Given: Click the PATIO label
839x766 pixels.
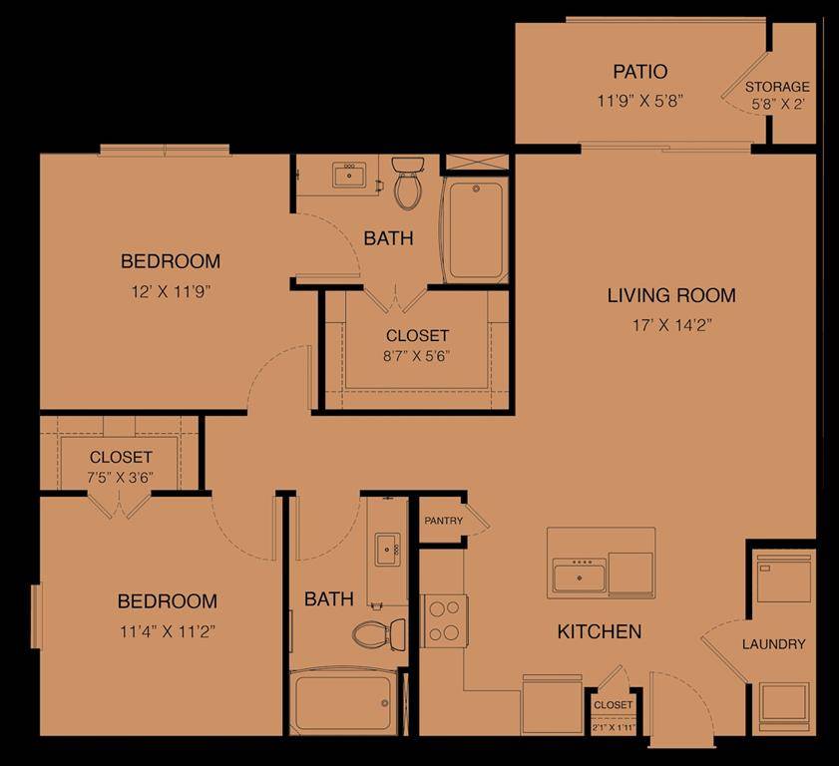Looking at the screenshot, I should (x=639, y=72).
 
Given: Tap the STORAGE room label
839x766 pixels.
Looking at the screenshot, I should (x=777, y=87).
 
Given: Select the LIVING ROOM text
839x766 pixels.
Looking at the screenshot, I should (x=671, y=295).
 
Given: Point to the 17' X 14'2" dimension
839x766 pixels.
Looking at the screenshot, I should (x=671, y=324).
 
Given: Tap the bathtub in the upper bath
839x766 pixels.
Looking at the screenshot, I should (x=475, y=229).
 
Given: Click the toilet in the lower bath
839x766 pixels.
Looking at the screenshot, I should (x=379, y=631).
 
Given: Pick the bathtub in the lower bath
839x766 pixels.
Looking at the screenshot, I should (x=342, y=700).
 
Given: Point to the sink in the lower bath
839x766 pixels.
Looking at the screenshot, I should (x=387, y=550).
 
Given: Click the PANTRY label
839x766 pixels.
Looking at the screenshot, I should (x=443, y=521).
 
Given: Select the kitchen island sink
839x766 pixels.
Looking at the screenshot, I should (x=579, y=574).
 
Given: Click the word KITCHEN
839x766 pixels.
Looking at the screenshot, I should (x=599, y=631).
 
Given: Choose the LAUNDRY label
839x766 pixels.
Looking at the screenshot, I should (x=773, y=644).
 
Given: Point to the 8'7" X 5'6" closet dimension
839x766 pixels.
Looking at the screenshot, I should (x=417, y=356).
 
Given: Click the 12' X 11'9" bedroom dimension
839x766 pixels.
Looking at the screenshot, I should (x=171, y=291).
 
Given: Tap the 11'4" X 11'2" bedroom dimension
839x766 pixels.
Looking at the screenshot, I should (x=167, y=630).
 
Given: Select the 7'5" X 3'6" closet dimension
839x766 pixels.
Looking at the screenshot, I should (x=120, y=476).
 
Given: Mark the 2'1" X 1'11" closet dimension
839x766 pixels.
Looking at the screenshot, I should (x=613, y=727).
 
